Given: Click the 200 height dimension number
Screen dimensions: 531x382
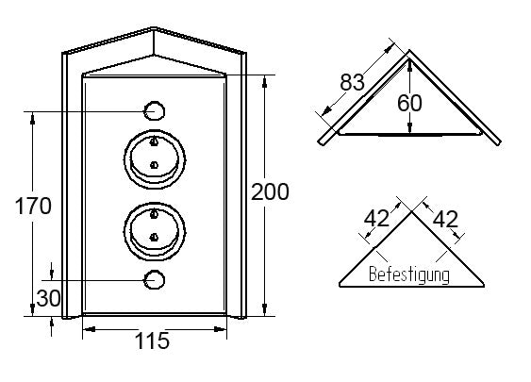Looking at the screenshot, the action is tap(270, 191).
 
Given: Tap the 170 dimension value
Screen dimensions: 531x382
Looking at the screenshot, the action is tap(33, 206).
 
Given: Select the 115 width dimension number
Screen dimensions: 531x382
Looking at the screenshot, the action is tap(152, 340).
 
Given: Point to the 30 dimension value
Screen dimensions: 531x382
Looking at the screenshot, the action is tap(48, 298).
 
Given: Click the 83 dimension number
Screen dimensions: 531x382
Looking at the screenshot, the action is tap(352, 82).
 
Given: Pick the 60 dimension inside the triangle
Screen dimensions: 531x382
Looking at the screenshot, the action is tap(409, 103).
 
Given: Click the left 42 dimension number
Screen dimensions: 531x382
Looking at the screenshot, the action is tap(376, 219).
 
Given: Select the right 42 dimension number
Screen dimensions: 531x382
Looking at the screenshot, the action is tap(445, 219).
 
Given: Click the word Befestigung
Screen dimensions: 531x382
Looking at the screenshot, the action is tap(409, 274).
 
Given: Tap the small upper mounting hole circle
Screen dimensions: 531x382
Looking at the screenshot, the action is tap(155, 110).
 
